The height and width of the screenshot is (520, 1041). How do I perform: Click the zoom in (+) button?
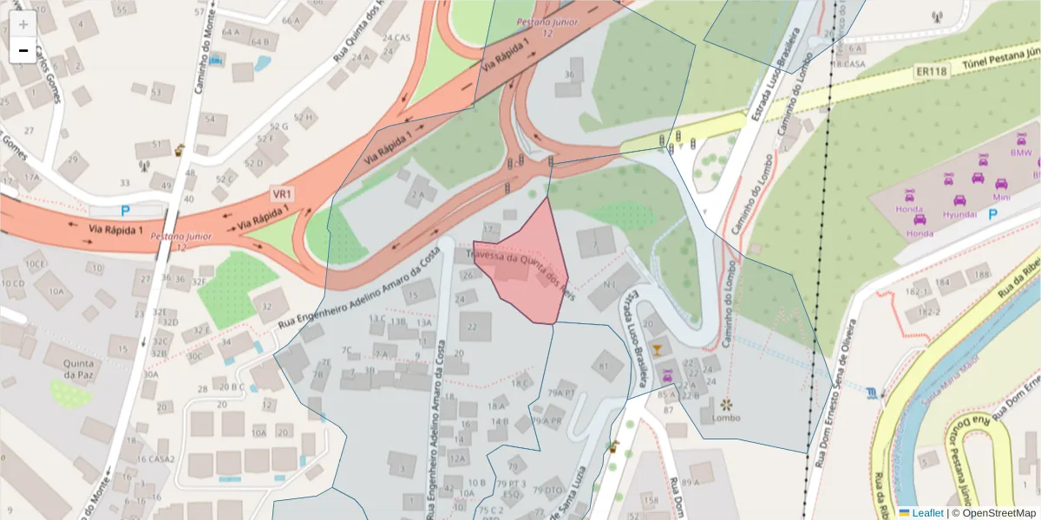click(23, 23)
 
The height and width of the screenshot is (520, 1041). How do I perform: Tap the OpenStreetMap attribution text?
click(993, 513)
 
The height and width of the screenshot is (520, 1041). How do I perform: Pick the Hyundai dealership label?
click(959, 214)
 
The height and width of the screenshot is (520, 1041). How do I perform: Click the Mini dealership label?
click(1002, 197)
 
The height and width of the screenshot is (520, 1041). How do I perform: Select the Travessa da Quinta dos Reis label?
click(520, 270)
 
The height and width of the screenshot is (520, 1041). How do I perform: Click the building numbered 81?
click(604, 366)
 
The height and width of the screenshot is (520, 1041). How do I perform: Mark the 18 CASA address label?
click(848, 64)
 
